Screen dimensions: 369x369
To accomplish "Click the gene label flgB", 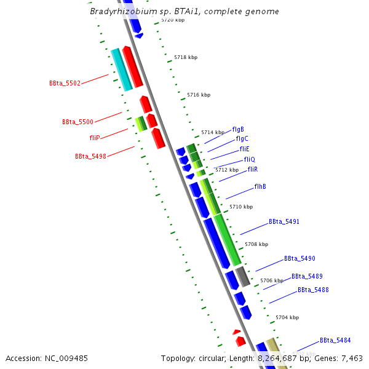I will pos(238,130).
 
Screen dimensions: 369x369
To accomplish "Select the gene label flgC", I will pos(242,139).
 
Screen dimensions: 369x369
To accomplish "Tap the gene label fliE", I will pos(244,149).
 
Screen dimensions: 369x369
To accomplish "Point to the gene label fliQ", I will pos(249,159).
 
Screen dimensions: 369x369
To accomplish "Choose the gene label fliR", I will pos(252,169).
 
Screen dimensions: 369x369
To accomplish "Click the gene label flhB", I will pos(260,186).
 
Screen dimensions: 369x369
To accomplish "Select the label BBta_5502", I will pos(65,83).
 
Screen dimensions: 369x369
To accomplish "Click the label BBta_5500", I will pos(77,122).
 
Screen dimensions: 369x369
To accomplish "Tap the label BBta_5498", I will pos(90,156).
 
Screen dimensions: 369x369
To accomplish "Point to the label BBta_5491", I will pos(284,221).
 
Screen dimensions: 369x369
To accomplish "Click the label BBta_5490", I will pos(300,259).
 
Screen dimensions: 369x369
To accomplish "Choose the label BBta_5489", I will pos(307,277).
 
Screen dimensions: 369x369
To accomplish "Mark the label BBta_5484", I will pos(335,340).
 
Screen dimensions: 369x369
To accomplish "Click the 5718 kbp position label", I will pos(186,57).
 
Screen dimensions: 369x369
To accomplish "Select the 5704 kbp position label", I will pos(287,317).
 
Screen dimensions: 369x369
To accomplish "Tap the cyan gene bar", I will pos(121,69).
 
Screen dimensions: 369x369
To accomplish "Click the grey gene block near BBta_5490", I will pos(243,277).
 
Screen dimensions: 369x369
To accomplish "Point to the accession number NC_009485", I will pos(64,358).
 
